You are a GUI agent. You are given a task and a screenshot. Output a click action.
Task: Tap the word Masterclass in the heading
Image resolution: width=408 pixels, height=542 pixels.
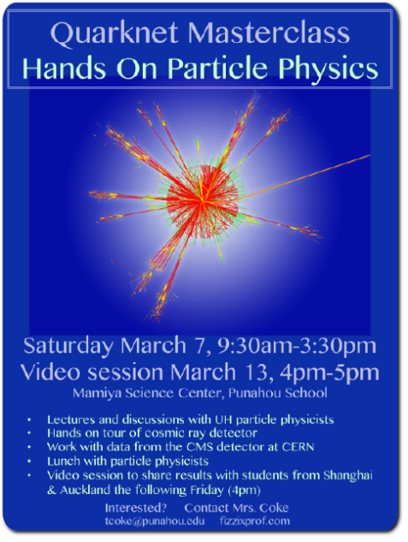(x=269, y=33)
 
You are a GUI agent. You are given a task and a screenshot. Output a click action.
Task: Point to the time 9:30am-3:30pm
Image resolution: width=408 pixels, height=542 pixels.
(x=297, y=346)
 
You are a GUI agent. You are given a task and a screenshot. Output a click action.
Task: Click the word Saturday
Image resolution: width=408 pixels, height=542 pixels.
(x=68, y=347)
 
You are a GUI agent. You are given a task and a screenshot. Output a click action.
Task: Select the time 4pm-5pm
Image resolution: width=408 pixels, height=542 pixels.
(x=329, y=373)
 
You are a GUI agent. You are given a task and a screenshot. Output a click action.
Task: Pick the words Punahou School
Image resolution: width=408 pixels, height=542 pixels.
(x=278, y=393)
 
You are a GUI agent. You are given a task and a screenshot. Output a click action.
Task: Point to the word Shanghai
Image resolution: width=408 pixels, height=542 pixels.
(x=348, y=476)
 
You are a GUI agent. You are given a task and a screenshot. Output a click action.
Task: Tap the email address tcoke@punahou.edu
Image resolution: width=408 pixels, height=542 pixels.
(x=155, y=521)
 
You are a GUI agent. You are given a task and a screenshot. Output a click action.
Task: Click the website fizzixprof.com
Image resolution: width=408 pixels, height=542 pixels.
(x=255, y=521)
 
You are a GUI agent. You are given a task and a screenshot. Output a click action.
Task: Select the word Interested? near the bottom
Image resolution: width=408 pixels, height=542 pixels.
(x=136, y=508)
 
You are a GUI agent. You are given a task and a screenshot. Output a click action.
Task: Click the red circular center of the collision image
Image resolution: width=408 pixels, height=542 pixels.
(x=203, y=201)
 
